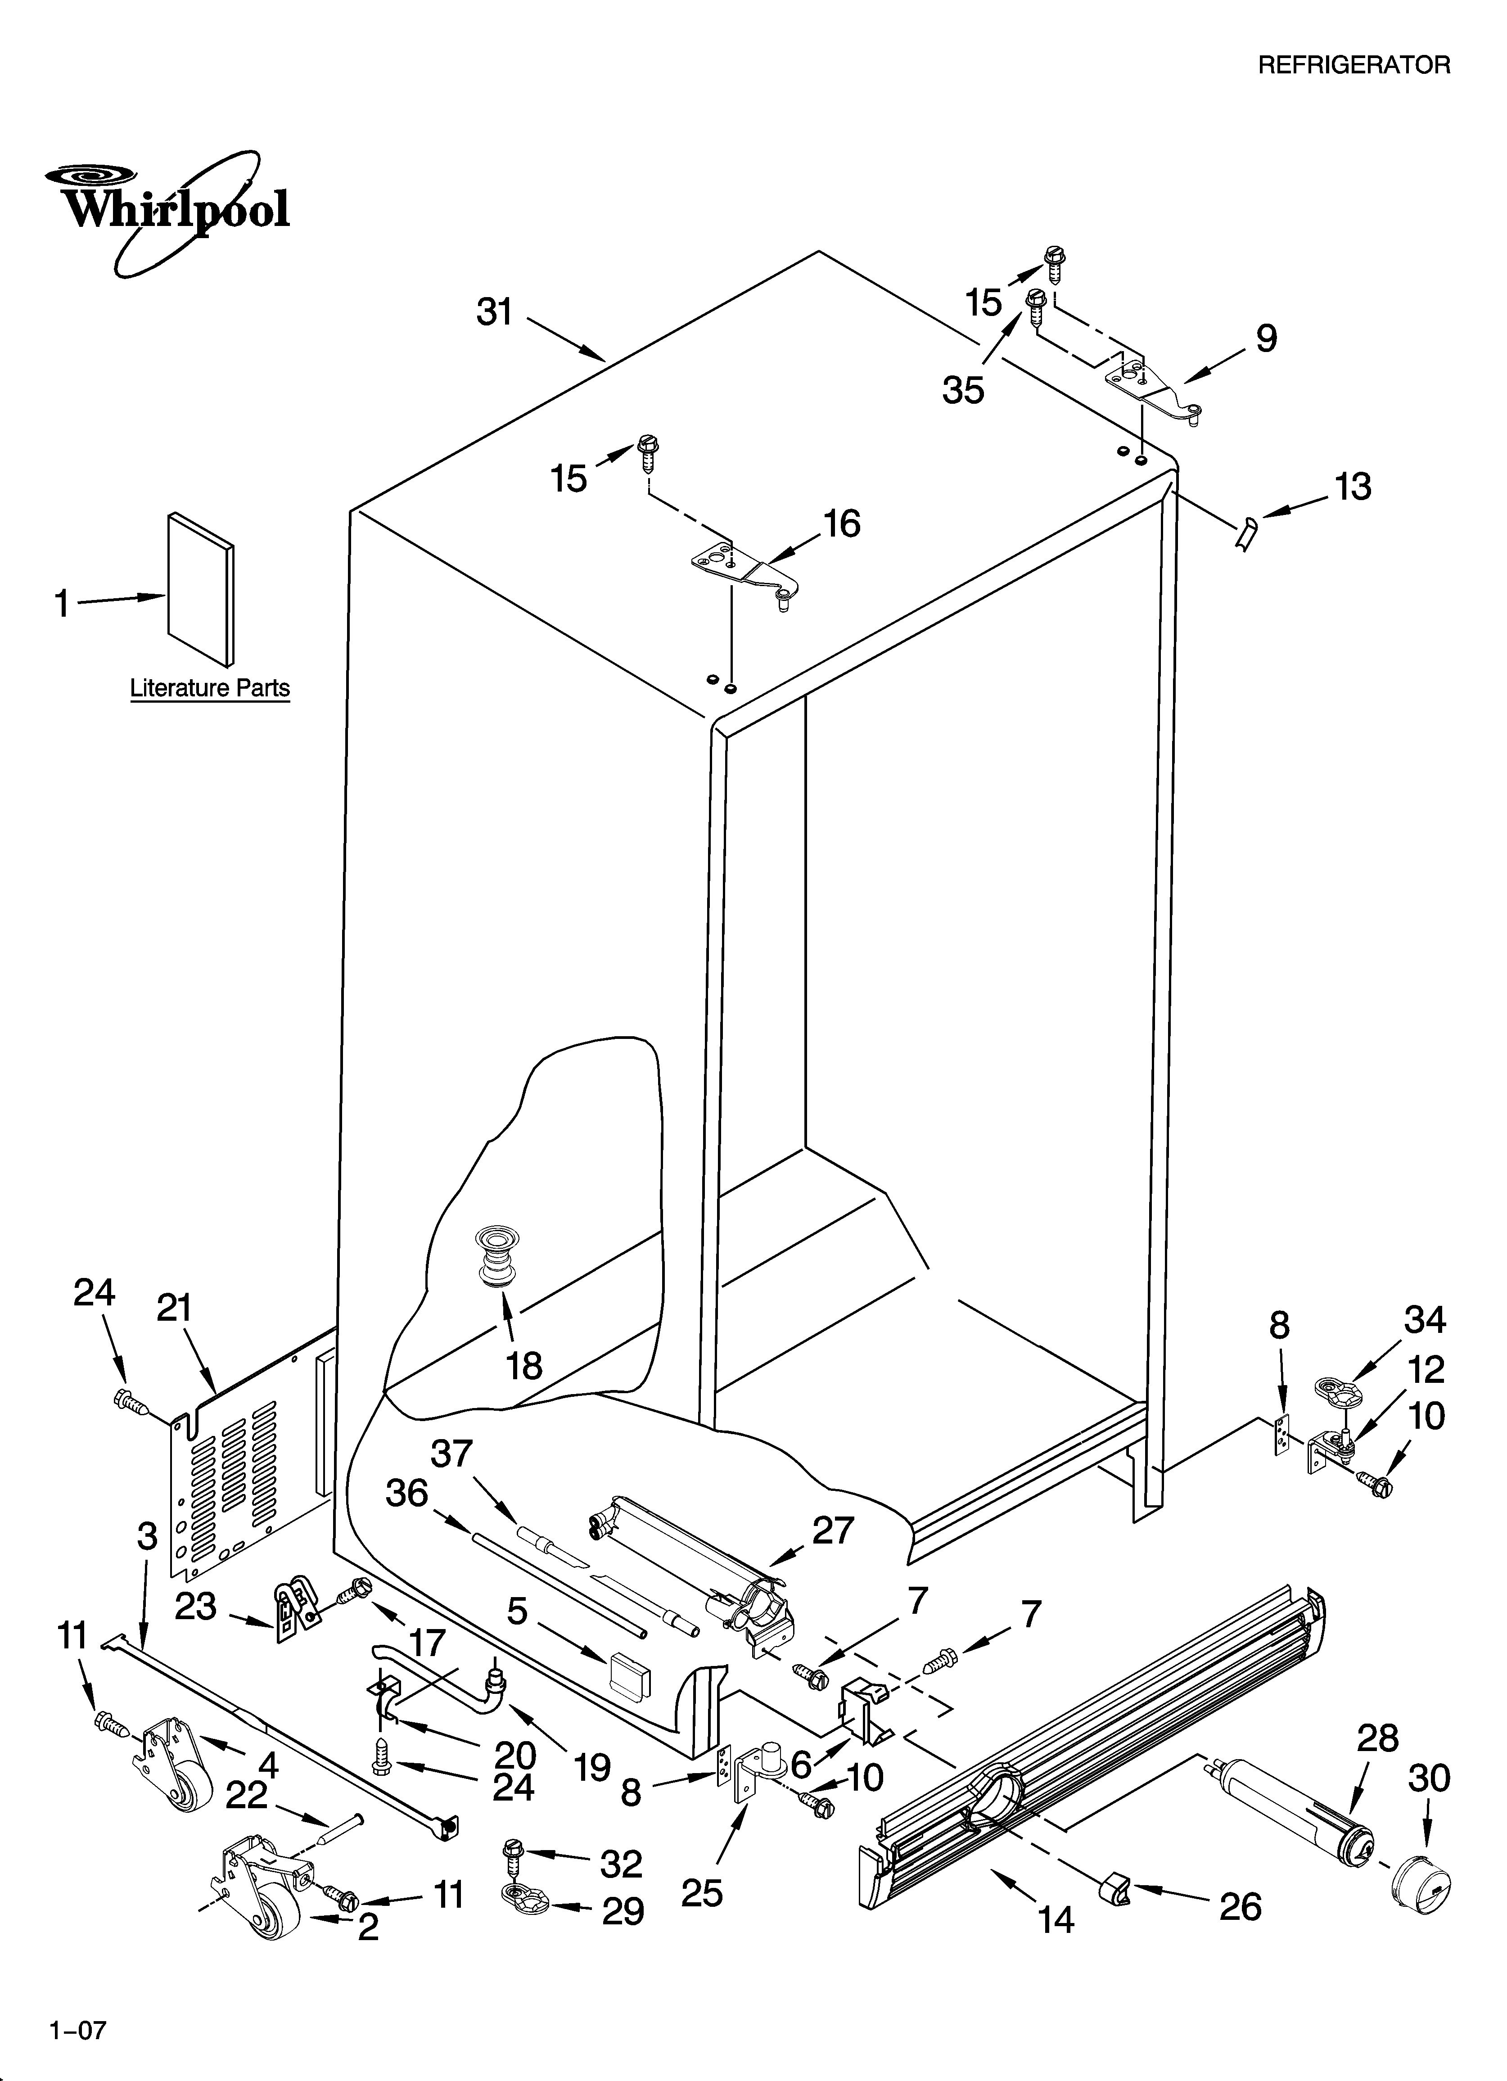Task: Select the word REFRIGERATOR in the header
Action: pyautogui.click(x=1353, y=65)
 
